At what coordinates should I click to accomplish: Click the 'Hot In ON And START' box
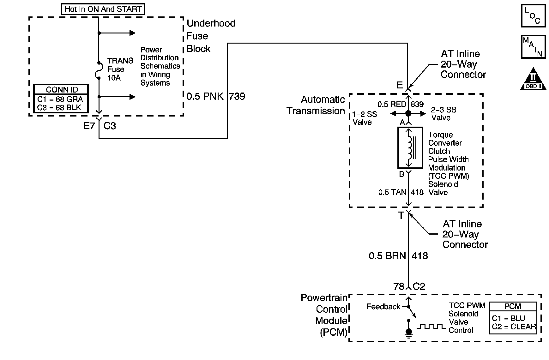tap(103, 9)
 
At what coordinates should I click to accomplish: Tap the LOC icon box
tap(533, 15)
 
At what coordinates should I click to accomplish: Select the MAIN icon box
tap(533, 47)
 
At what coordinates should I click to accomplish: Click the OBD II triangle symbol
tap(533, 79)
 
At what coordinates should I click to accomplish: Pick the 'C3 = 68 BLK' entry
tap(59, 107)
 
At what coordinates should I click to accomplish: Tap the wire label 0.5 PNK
tap(205, 96)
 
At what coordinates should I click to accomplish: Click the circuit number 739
tap(237, 96)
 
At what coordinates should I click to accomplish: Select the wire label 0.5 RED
tap(392, 104)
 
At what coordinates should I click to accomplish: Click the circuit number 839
tap(417, 104)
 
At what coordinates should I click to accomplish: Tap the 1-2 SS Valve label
tap(365, 118)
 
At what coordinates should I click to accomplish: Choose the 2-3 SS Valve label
tap(443, 114)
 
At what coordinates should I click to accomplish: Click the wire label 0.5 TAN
tap(392, 192)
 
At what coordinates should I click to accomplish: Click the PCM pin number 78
tap(399, 286)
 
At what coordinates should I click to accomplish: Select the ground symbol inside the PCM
tap(409, 333)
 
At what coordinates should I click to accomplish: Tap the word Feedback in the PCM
tap(383, 307)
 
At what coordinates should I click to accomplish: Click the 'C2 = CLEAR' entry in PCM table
tap(514, 327)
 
